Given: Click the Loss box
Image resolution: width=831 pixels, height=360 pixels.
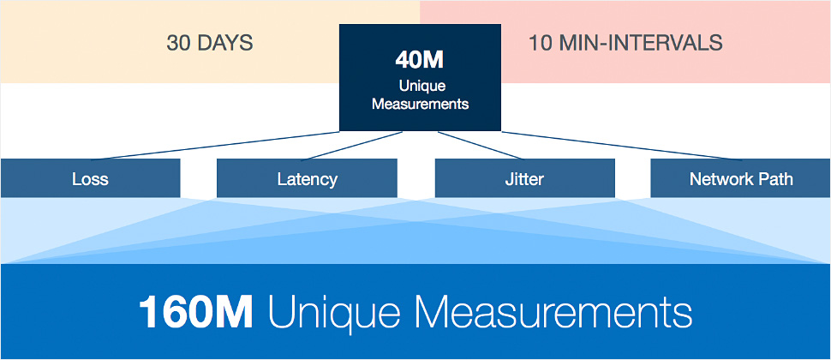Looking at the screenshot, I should pos(90,179).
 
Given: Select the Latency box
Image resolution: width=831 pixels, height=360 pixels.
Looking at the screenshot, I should pos(307,179).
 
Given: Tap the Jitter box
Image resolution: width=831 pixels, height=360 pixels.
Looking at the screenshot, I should pos(524,179).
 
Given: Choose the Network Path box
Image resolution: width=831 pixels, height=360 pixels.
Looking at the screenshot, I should pos(740,179).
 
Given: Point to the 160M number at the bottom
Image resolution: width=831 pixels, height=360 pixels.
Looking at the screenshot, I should pos(195,312).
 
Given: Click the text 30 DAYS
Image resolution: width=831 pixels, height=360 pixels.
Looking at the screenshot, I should pos(210,43).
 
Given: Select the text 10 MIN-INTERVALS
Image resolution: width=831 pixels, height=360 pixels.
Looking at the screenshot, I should pos(625,43).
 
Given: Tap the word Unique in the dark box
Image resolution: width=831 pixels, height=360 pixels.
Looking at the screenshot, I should pos(420,87).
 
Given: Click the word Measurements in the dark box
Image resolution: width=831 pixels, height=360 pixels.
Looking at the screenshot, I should pos(420,104).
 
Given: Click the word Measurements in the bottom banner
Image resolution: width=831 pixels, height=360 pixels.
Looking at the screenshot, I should pos(547,312).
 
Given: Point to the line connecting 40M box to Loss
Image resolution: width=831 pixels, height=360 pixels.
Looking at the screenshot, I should pos(214,146).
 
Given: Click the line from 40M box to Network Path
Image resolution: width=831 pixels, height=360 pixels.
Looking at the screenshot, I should pos(625,146).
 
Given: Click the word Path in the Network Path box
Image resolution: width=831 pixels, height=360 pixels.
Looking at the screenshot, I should pos(775,179).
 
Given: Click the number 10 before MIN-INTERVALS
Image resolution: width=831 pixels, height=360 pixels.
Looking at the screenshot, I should pos(540,43).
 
